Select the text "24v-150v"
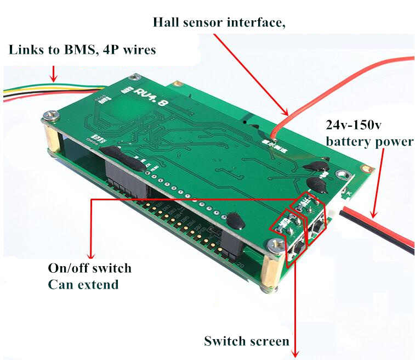(x=354, y=126)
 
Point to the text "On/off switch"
(x=89, y=268)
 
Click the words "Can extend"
(x=83, y=285)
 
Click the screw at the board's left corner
(x=50, y=115)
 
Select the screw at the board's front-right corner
(x=274, y=243)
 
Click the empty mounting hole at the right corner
(x=344, y=176)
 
